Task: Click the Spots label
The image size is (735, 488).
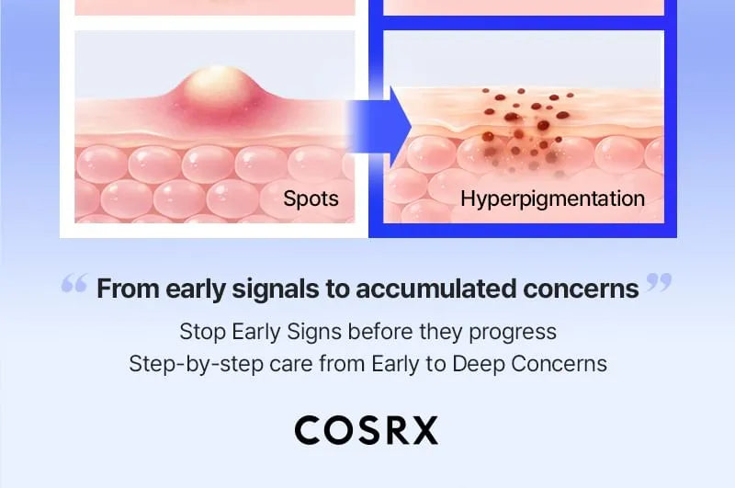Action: (311, 199)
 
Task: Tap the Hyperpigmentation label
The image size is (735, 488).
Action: (553, 199)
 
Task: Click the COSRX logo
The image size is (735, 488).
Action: (367, 430)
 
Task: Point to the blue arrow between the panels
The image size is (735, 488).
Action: (379, 126)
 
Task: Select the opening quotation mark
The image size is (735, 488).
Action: (74, 283)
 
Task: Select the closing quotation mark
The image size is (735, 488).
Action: (659, 283)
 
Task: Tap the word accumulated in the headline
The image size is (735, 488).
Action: (435, 289)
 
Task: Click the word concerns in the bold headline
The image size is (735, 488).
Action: (581, 289)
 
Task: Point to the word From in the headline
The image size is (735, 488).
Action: (128, 289)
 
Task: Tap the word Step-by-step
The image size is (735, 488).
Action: (196, 364)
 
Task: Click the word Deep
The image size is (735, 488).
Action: (478, 364)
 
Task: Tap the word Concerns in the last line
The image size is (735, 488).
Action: (560, 364)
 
